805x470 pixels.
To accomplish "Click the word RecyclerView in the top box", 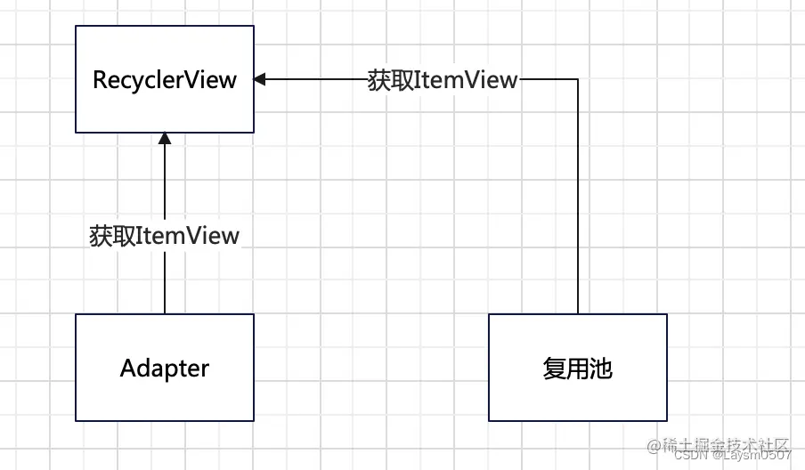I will [x=165, y=79].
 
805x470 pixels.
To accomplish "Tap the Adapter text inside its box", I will [x=165, y=368].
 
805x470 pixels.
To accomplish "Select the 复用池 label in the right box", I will [x=577, y=368].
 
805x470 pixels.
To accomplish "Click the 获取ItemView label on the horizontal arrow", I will [x=443, y=79].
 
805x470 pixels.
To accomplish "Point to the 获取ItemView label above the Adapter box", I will [x=165, y=236].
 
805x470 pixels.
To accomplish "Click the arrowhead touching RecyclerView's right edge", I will [x=260, y=79].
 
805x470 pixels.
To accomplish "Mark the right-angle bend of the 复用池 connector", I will [x=578, y=79].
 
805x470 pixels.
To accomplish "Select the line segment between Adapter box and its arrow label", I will [x=165, y=283].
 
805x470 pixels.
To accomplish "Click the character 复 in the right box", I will [x=554, y=368].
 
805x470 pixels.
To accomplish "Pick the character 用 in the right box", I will [x=577, y=368].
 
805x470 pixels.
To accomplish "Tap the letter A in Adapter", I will [x=127, y=368].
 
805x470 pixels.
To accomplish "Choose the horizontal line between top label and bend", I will [x=548, y=79].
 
